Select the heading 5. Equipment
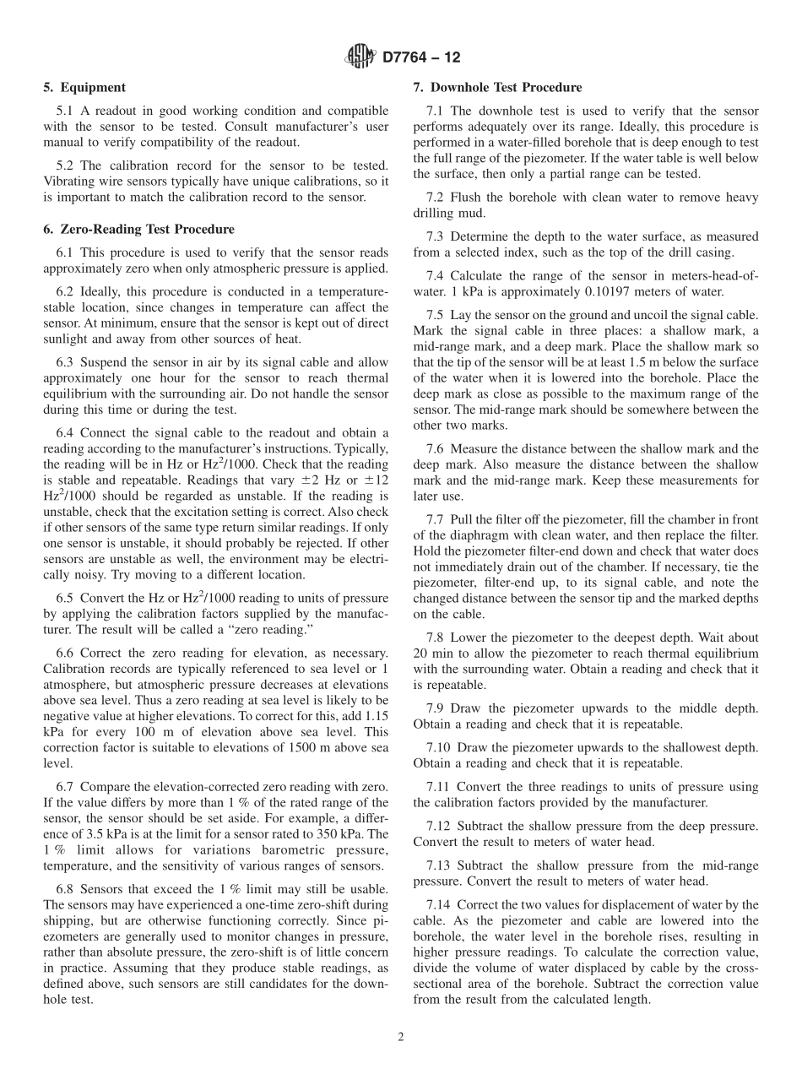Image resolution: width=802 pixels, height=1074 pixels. tap(84, 87)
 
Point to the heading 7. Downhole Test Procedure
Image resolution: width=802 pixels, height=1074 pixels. tap(497, 87)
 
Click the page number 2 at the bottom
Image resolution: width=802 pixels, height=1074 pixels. tap(401, 1038)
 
